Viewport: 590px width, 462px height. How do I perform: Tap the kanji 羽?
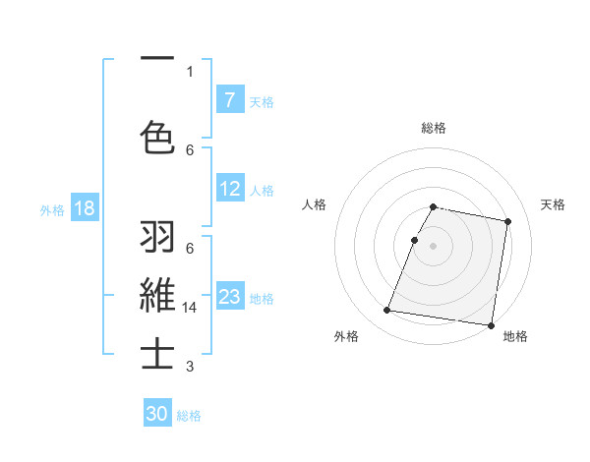pyautogui.click(x=158, y=237)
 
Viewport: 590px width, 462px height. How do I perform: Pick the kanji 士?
pyautogui.click(x=158, y=354)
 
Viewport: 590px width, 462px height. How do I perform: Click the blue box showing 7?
pyautogui.click(x=229, y=99)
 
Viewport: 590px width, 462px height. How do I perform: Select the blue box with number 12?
pyautogui.click(x=229, y=189)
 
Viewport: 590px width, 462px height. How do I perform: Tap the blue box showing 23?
pyautogui.click(x=229, y=296)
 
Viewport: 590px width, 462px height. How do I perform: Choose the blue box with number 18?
pyautogui.click(x=84, y=209)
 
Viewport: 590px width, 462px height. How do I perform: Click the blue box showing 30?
pyautogui.click(x=157, y=414)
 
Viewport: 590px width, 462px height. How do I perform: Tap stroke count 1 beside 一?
pyautogui.click(x=190, y=70)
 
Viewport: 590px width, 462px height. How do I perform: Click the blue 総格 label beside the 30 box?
pyautogui.click(x=190, y=416)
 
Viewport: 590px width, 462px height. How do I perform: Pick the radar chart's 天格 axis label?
pyautogui.click(x=553, y=204)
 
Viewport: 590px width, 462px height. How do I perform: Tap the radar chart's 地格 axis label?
pyautogui.click(x=515, y=336)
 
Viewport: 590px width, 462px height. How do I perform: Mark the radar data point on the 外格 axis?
pyautogui.click(x=387, y=311)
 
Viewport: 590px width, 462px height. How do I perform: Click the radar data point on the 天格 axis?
pyautogui.click(x=507, y=222)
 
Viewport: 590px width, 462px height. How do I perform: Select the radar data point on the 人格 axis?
pyautogui.click(x=415, y=240)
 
